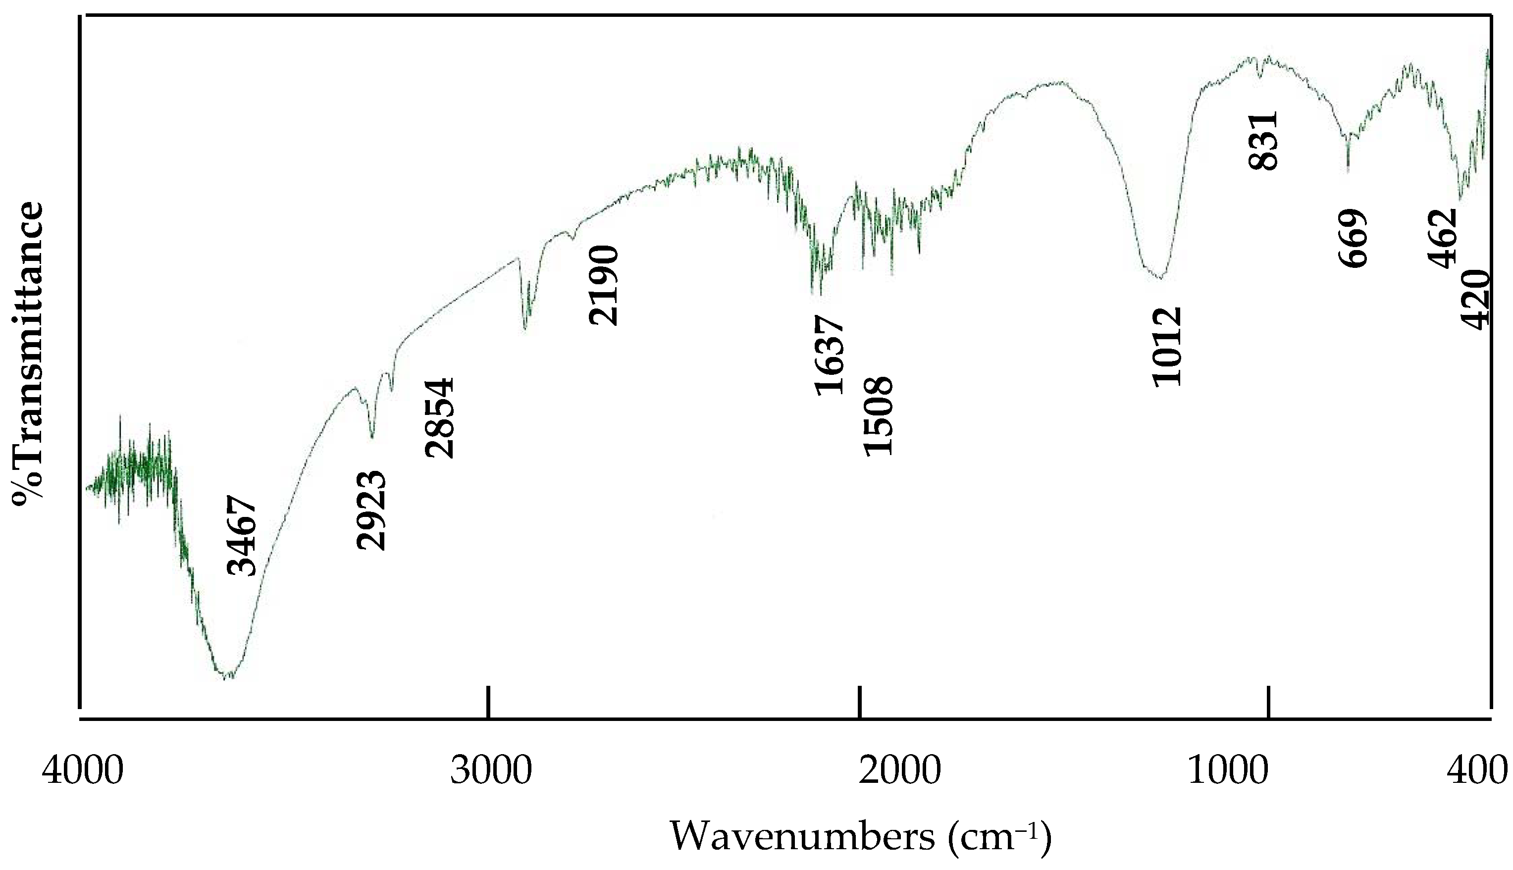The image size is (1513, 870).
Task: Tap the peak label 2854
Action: click(440, 418)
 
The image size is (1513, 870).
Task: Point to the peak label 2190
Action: click(602, 286)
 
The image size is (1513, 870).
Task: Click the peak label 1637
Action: click(830, 356)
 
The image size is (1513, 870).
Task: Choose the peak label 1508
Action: click(879, 416)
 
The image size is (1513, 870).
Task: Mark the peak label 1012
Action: click(1167, 347)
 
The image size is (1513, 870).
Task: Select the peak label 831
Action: click(1262, 141)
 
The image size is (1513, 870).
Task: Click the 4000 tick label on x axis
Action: click(83, 771)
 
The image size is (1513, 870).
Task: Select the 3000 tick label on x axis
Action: click(491, 771)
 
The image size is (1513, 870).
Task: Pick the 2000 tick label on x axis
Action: click(899, 771)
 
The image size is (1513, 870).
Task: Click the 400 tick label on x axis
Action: click(1478, 771)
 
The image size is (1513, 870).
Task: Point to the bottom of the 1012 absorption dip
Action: click(1159, 278)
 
